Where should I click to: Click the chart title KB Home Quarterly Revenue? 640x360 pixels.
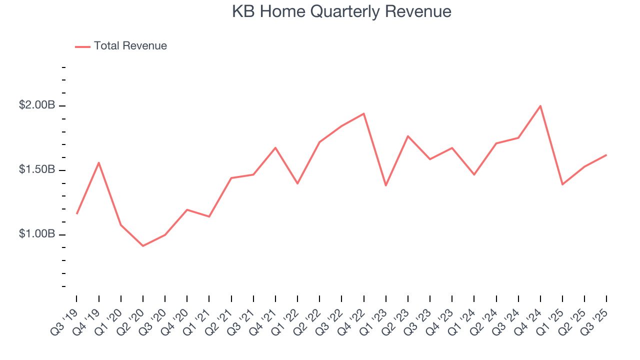[x=341, y=11]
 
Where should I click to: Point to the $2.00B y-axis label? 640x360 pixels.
[x=37, y=105]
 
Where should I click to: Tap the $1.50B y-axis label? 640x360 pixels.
[x=37, y=170]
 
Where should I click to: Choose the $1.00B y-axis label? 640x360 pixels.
[x=37, y=234]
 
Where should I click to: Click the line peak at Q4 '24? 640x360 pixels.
[x=540, y=105]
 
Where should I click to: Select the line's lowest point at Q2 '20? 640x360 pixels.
[x=143, y=246]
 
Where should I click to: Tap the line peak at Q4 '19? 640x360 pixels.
[x=99, y=162]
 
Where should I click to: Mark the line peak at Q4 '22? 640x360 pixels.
[x=363, y=113]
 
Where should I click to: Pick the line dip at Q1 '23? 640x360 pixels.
[x=385, y=185]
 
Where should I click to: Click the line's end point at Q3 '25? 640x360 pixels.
[x=606, y=155]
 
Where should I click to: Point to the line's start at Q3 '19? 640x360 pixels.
[x=76, y=213]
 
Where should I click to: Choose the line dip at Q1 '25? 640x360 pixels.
[x=562, y=184]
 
